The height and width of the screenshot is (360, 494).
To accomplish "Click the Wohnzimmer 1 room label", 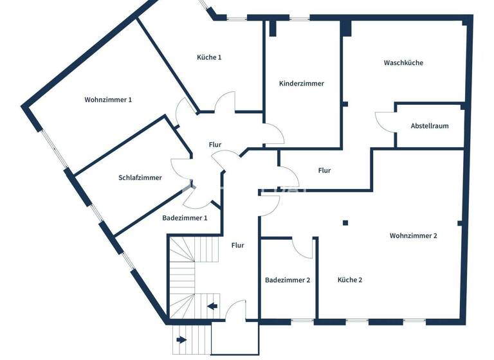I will point(108,100).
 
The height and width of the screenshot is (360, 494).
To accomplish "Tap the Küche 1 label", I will point(209,57).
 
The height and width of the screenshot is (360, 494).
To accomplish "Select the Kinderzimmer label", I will point(302,84).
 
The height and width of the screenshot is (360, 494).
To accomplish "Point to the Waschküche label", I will point(403,63).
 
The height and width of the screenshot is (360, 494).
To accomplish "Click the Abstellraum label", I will point(430,126).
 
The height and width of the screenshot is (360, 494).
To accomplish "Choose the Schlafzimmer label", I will point(140,178).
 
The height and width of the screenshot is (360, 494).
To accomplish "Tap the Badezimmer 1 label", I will point(185,218).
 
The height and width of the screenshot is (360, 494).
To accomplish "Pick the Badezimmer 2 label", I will point(288,280).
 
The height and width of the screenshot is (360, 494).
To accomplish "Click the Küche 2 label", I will point(350,280).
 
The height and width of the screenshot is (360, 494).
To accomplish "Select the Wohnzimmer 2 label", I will point(413,236).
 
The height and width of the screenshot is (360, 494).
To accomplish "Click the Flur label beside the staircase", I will point(237,245).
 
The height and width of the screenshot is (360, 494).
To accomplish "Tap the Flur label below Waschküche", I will point(324,170).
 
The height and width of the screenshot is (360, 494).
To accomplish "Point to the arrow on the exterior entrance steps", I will point(182,339).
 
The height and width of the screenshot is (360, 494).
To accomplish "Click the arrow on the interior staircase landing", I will point(212,306).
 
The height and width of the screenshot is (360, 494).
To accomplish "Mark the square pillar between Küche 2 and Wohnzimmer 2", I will point(345,223).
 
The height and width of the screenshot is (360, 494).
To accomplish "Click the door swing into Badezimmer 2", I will point(301,248).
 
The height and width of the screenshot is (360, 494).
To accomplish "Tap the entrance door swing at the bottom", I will point(235,309).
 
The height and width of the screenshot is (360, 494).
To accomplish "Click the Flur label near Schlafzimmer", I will point(215,145).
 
